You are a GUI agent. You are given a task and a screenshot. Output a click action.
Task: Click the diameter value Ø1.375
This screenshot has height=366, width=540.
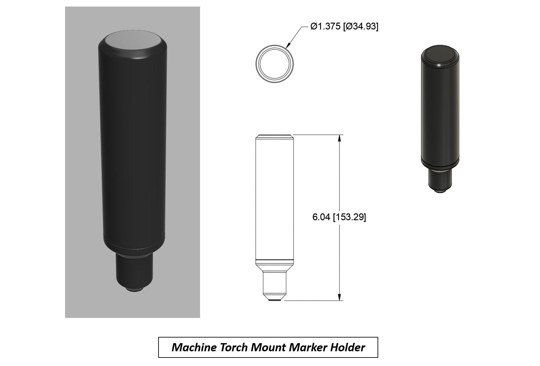(324, 27)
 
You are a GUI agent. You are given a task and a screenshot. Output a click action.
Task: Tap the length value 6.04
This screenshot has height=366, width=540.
(321, 217)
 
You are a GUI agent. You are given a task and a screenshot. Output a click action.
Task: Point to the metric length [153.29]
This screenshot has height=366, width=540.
(349, 217)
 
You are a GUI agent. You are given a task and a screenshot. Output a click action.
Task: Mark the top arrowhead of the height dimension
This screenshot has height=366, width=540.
(340, 138)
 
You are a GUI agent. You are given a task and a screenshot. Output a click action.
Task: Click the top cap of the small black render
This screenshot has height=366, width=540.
(441, 53)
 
